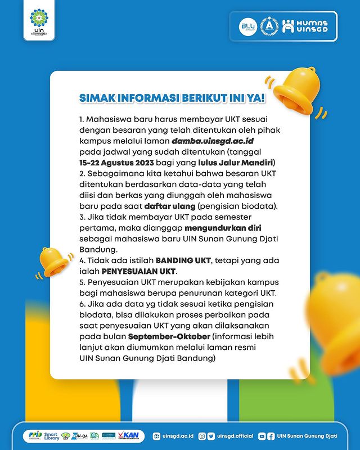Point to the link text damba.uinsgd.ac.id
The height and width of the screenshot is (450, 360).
(x=168, y=140)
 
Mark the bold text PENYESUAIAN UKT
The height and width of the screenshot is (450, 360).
(x=111, y=271)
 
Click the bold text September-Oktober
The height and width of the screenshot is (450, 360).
(x=169, y=336)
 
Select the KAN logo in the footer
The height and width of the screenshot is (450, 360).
(x=132, y=436)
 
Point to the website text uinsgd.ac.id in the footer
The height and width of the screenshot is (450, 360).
(x=177, y=436)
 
